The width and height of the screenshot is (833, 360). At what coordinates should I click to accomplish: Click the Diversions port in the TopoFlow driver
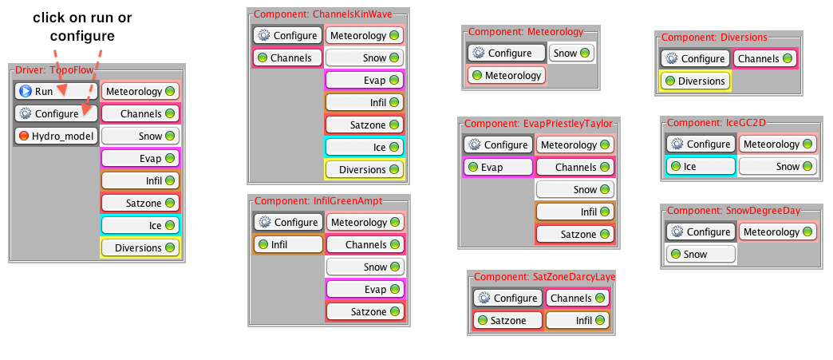tap(140, 247)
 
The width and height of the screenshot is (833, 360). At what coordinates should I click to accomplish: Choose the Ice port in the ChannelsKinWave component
tap(364, 147)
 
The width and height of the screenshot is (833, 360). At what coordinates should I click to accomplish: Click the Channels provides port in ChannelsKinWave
tap(287, 57)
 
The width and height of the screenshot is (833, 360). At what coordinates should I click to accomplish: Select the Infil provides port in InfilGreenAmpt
tap(287, 244)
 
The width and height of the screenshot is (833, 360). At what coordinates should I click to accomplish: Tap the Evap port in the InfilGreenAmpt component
tap(365, 289)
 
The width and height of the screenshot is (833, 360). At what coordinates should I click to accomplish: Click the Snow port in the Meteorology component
tap(571, 53)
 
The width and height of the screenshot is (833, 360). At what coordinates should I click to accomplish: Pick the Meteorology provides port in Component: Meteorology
tap(506, 75)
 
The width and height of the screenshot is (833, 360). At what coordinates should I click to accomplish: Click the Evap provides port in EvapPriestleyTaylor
tap(498, 168)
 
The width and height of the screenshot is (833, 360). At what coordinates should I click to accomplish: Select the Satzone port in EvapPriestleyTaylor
tap(574, 235)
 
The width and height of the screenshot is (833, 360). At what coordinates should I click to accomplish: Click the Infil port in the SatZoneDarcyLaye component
tap(577, 321)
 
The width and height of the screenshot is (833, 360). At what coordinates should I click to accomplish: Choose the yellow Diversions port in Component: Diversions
tap(695, 81)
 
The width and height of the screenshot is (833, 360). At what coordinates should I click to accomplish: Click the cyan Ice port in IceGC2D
tap(700, 167)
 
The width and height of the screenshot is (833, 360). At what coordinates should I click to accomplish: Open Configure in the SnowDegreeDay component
tap(701, 231)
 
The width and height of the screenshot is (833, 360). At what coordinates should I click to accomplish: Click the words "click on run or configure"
tap(82, 26)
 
